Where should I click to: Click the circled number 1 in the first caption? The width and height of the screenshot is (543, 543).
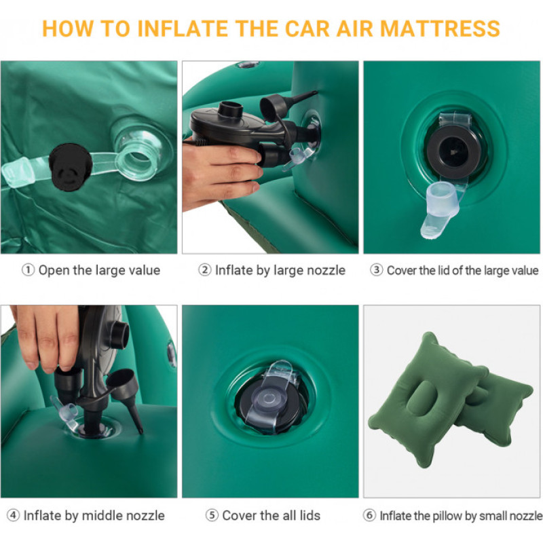[28, 270]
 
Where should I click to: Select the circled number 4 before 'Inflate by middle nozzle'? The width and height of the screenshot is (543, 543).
[13, 515]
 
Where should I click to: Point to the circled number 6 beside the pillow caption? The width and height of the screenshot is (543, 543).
[369, 515]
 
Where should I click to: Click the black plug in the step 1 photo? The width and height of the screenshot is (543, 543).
[71, 167]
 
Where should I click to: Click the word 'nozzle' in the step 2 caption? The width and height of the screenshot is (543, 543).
[327, 270]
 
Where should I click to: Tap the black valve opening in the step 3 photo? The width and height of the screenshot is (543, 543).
[453, 152]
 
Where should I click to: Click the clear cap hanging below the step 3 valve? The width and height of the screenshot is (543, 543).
[440, 208]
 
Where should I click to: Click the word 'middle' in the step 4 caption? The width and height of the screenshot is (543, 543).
[103, 515]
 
